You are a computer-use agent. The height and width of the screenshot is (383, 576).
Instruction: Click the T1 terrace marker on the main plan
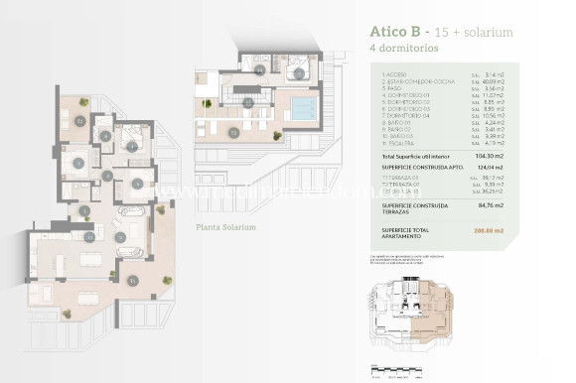click(x=133, y=281)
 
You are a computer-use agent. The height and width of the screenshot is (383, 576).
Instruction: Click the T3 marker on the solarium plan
click(x=234, y=130)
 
